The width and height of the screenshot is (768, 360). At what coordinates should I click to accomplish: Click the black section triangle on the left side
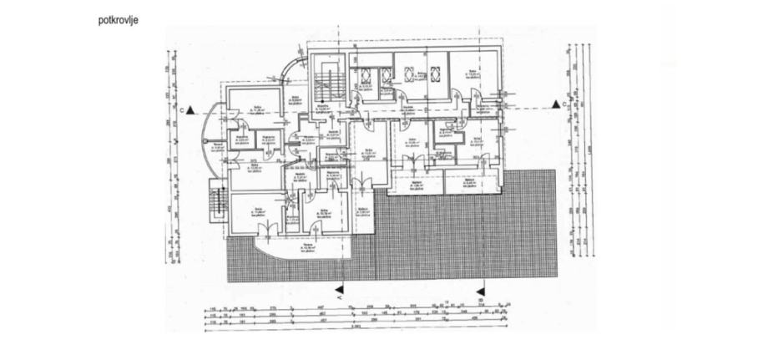pos(191,109)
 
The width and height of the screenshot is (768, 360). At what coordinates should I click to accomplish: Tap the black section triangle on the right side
pos(553,104)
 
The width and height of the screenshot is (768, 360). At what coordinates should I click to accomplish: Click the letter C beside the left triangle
pos(181,109)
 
